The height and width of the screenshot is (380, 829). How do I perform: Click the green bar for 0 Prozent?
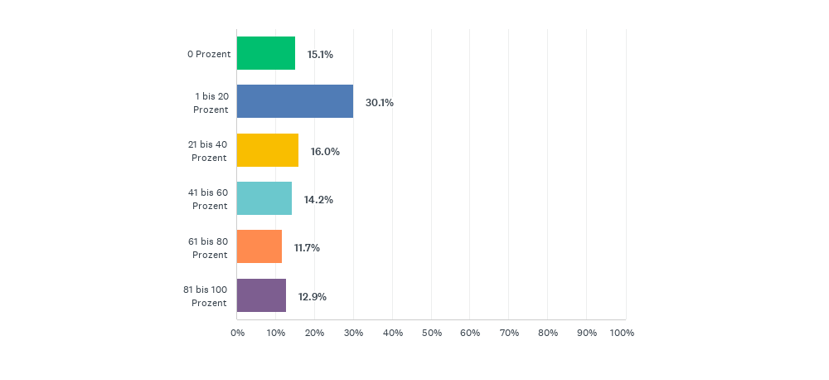click(265, 53)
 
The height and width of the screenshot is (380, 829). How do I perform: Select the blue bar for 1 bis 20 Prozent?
click(294, 101)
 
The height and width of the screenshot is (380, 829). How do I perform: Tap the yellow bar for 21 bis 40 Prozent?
click(267, 150)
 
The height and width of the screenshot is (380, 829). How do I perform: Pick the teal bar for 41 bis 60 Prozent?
click(264, 198)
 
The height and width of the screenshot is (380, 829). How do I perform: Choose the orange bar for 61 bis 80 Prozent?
click(259, 246)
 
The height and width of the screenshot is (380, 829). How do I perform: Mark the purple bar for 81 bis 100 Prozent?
click(261, 295)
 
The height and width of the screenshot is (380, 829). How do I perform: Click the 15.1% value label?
click(320, 54)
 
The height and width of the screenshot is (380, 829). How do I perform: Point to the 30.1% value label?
click(379, 103)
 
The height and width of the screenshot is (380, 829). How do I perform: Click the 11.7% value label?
click(307, 247)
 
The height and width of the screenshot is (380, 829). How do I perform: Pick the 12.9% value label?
click(312, 296)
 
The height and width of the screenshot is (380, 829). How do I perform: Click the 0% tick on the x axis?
click(237, 333)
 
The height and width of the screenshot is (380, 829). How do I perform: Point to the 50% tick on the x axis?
click(431, 333)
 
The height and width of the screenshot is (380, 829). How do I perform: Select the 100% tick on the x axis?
click(622, 333)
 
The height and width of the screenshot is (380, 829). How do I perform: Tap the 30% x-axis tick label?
click(353, 333)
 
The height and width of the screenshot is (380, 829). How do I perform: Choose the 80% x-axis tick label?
click(548, 333)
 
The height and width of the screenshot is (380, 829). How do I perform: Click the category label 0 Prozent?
click(208, 54)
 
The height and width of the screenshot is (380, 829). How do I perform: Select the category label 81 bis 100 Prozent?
click(205, 296)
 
